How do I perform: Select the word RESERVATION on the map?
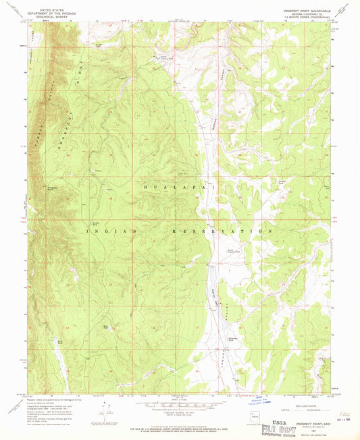[x=224, y=231]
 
